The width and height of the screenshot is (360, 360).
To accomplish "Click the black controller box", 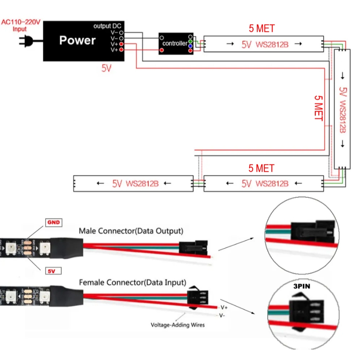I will click(x=176, y=44).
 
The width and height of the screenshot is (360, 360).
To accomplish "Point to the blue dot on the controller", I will click(x=190, y=46).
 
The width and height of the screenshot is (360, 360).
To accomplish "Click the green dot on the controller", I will click(x=190, y=42).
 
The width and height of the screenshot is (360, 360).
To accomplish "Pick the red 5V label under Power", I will click(x=106, y=69).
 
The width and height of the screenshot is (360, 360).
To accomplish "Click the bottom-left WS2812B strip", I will click(x=133, y=183).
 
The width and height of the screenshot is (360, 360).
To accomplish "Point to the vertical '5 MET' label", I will click(x=318, y=108).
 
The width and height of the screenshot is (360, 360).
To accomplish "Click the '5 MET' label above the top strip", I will click(x=262, y=28).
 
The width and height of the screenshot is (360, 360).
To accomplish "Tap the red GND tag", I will click(x=53, y=222).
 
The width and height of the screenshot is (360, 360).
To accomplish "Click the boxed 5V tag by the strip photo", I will click(x=52, y=271).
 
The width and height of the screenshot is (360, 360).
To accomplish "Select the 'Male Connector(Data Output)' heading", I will click(x=131, y=231).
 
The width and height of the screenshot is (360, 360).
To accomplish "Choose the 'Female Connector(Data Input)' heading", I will click(x=133, y=282).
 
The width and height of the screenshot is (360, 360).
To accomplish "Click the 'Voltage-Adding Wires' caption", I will click(x=177, y=325).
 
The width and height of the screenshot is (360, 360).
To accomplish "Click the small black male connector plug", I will click(x=192, y=246).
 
